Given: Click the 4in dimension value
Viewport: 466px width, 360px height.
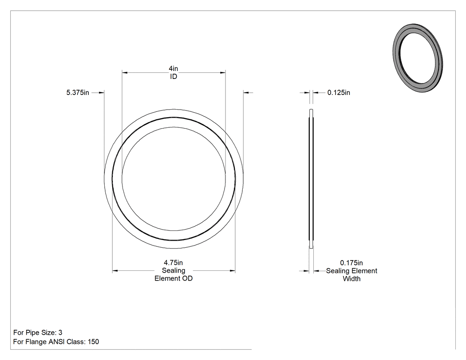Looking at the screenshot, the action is click(174, 69).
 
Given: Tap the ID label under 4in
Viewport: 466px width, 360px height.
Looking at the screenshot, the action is click(174, 77).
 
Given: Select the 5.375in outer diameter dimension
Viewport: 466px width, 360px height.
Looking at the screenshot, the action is click(78, 93).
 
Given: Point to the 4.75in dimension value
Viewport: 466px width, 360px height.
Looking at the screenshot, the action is click(173, 263).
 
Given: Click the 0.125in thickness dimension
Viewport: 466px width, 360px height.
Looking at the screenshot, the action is click(339, 93).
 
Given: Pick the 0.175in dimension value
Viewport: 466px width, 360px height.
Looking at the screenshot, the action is click(351, 263).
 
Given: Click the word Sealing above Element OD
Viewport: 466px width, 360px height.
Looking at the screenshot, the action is click(174, 270).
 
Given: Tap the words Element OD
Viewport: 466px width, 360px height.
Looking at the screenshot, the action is click(174, 279).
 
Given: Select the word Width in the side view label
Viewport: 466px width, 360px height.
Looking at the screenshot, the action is click(351, 279).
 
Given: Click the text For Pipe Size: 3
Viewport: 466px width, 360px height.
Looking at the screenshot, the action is click(38, 332).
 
